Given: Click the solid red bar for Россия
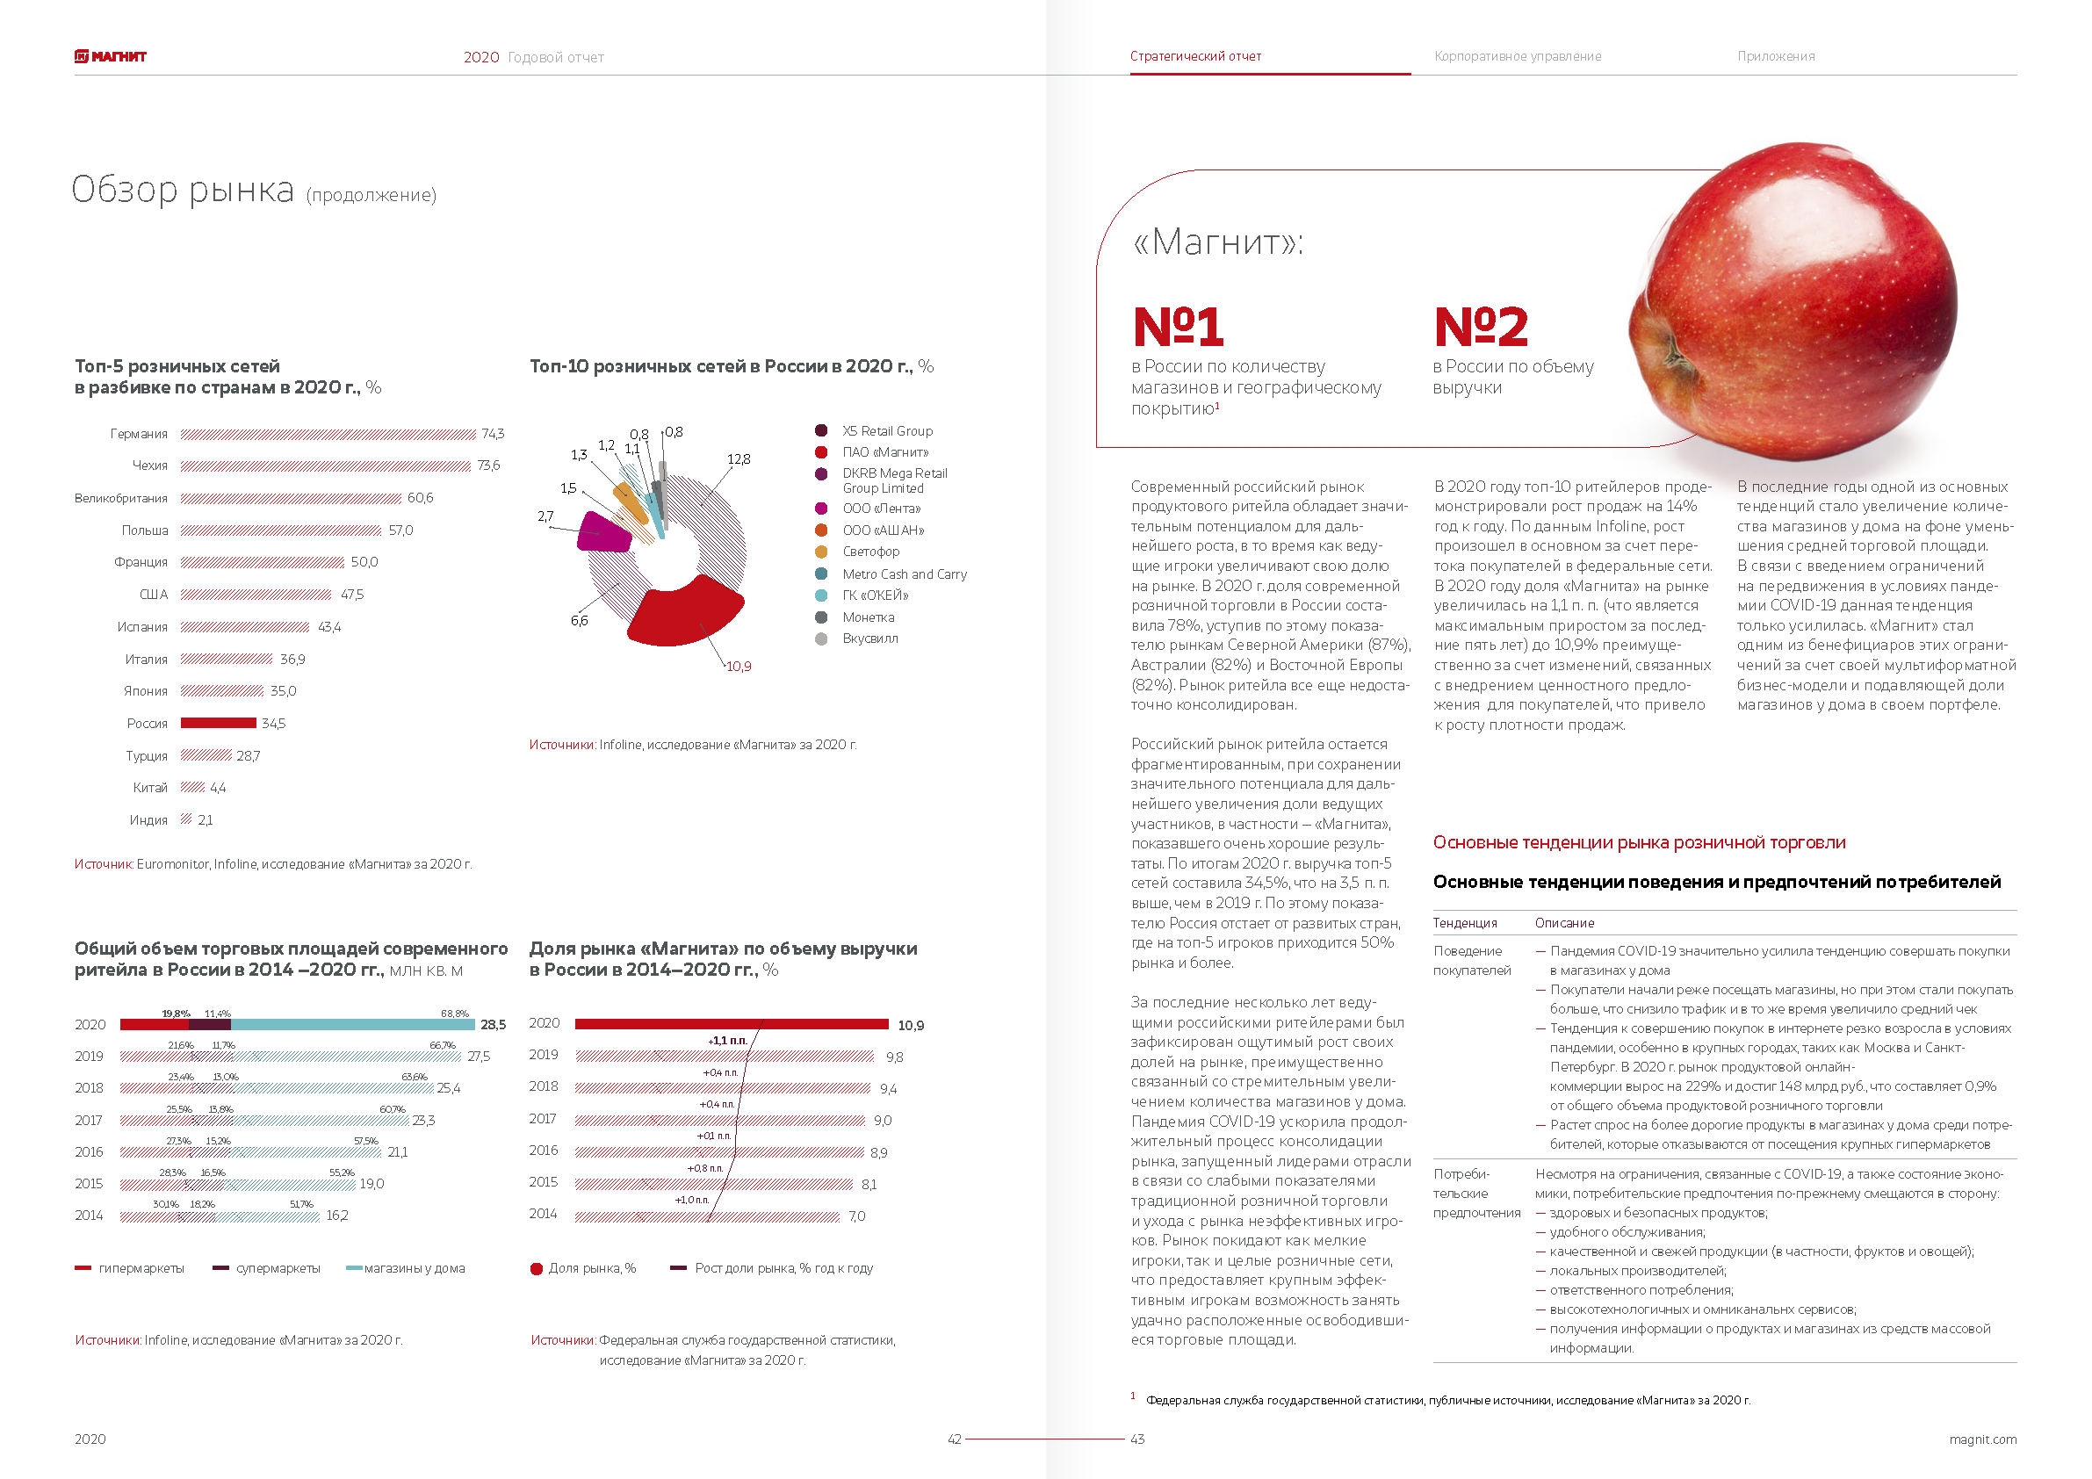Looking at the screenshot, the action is pos(218,724).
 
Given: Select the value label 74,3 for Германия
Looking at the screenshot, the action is pos(493,434).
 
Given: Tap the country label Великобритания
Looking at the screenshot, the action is pos(121,499).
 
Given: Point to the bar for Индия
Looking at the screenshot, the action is pos(186,819).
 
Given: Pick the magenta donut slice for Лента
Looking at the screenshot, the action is pos(603,533).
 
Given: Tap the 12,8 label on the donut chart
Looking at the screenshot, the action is pos(739,459).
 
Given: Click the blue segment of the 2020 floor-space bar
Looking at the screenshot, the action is pos(352,1025).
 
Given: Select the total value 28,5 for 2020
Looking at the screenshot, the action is pos(493,1025).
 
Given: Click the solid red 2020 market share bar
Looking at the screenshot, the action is pos(732,1024).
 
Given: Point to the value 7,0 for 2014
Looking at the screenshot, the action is pos(856,1216).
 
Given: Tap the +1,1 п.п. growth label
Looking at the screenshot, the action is pos(727,1041).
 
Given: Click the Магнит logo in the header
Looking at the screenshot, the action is pos(111,56).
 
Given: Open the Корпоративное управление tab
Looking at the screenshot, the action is pos(1518,56).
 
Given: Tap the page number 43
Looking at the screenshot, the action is pos(1137,1439).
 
